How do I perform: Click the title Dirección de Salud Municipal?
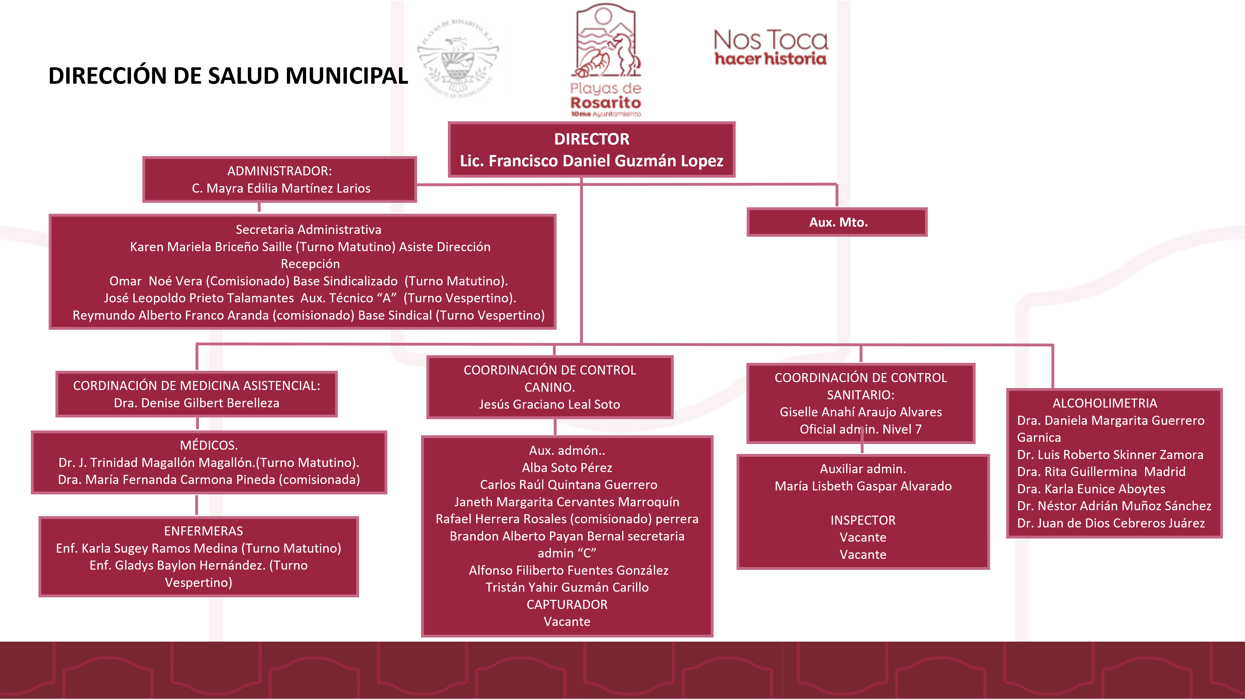[x=228, y=76]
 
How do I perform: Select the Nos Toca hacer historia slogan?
[x=770, y=47]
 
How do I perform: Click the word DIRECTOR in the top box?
[x=592, y=139]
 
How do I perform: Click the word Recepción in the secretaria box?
[x=310, y=264]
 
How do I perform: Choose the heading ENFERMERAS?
[x=203, y=531]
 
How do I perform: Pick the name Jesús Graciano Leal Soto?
[x=549, y=404]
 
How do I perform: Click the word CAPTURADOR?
[x=567, y=604]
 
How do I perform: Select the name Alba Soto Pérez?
[x=567, y=468]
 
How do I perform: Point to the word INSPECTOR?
[x=863, y=520]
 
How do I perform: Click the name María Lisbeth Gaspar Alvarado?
[x=863, y=486]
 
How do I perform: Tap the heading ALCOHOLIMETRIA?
[x=1105, y=403]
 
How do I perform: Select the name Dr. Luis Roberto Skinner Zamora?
[x=1110, y=455]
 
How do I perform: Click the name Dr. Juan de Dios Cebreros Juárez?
[x=1111, y=523]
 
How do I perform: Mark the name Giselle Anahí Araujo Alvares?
[x=860, y=412]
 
